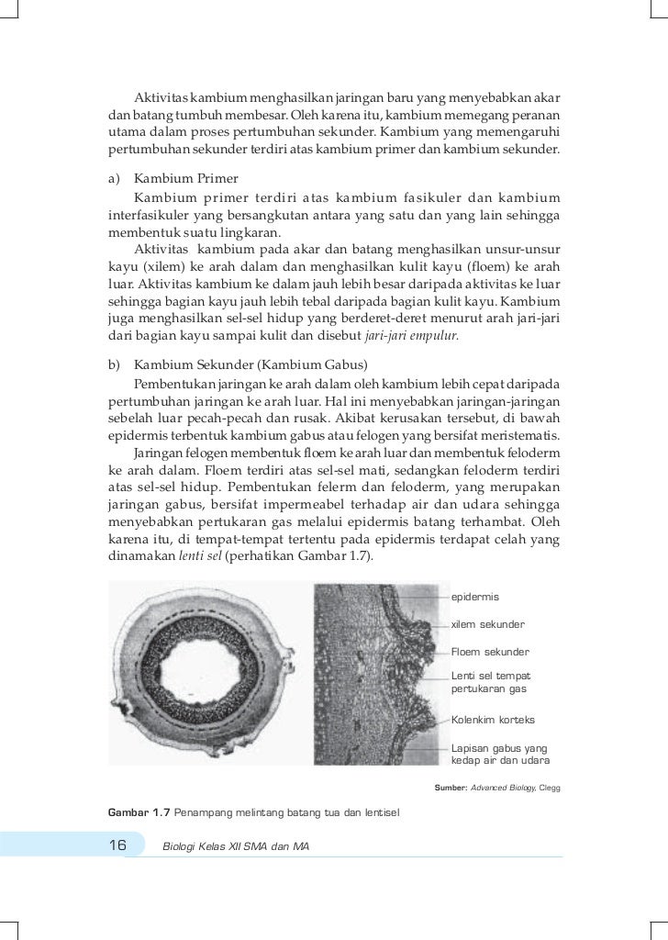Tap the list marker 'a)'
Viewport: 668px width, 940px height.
pyautogui.click(x=115, y=178)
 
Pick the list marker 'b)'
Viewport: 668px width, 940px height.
pyautogui.click(x=115, y=365)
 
